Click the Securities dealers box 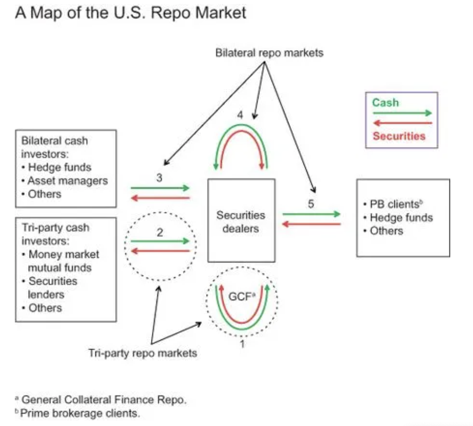point(241,221)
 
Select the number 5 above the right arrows point(310,204)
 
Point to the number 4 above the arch point(240,115)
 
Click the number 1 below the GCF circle point(242,343)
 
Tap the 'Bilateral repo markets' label point(269,53)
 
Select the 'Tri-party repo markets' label point(142,353)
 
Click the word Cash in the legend point(385,103)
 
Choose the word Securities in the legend point(399,136)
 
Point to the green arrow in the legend point(402,113)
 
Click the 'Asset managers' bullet point(67,181)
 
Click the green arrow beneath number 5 point(312,214)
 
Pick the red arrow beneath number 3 point(160,198)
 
